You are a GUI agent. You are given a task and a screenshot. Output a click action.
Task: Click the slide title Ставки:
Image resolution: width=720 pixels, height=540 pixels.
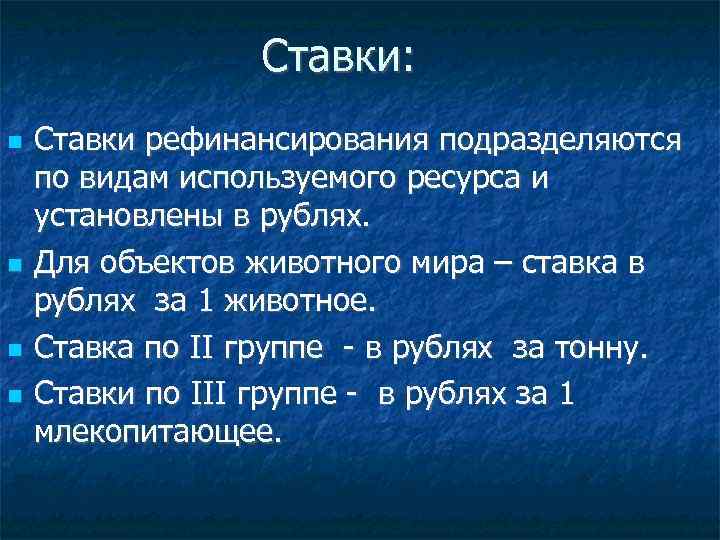pyautogui.click(x=337, y=56)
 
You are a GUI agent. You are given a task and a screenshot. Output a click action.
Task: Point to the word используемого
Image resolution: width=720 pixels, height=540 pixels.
pyautogui.click(x=280, y=181)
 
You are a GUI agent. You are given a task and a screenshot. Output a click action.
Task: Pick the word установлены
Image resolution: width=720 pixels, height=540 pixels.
pyautogui.click(x=108, y=218)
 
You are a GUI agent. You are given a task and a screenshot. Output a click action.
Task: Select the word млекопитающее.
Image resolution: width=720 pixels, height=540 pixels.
pyautogui.click(x=158, y=431)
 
